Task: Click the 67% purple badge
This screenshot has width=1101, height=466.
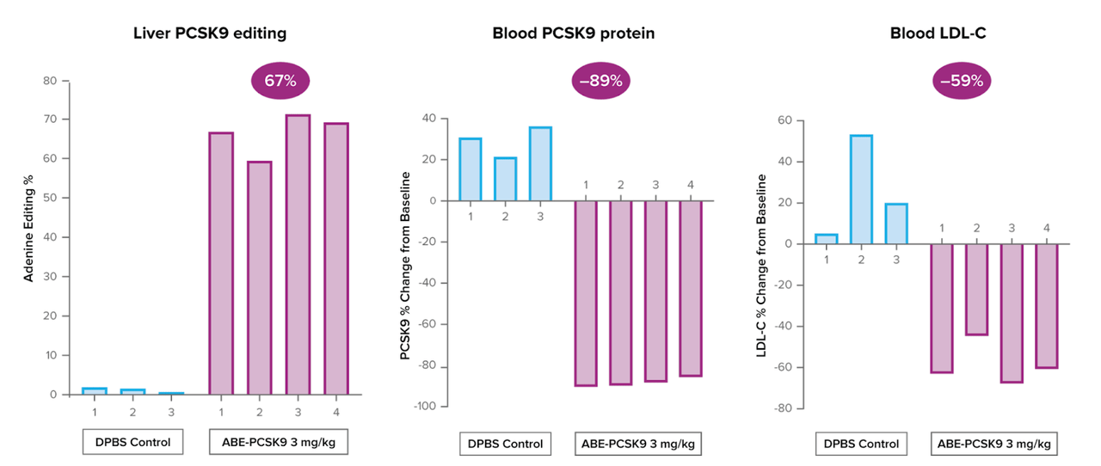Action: coord(280,82)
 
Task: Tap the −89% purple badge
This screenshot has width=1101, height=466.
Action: coord(601,82)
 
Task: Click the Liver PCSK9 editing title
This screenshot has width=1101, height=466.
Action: coord(210,34)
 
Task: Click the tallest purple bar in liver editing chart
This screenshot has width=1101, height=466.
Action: coord(298,254)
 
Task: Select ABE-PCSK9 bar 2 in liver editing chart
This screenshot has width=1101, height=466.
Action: coord(259,278)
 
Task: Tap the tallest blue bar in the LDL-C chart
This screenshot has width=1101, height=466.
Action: coord(861,189)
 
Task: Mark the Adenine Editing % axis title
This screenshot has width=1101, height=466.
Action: coord(29,237)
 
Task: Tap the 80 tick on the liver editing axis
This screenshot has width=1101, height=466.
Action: coord(51,81)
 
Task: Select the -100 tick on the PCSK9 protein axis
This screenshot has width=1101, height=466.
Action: coord(425,405)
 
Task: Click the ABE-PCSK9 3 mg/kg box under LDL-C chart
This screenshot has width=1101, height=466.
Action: coord(994,444)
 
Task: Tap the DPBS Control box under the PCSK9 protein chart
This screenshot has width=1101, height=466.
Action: coord(505,444)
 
